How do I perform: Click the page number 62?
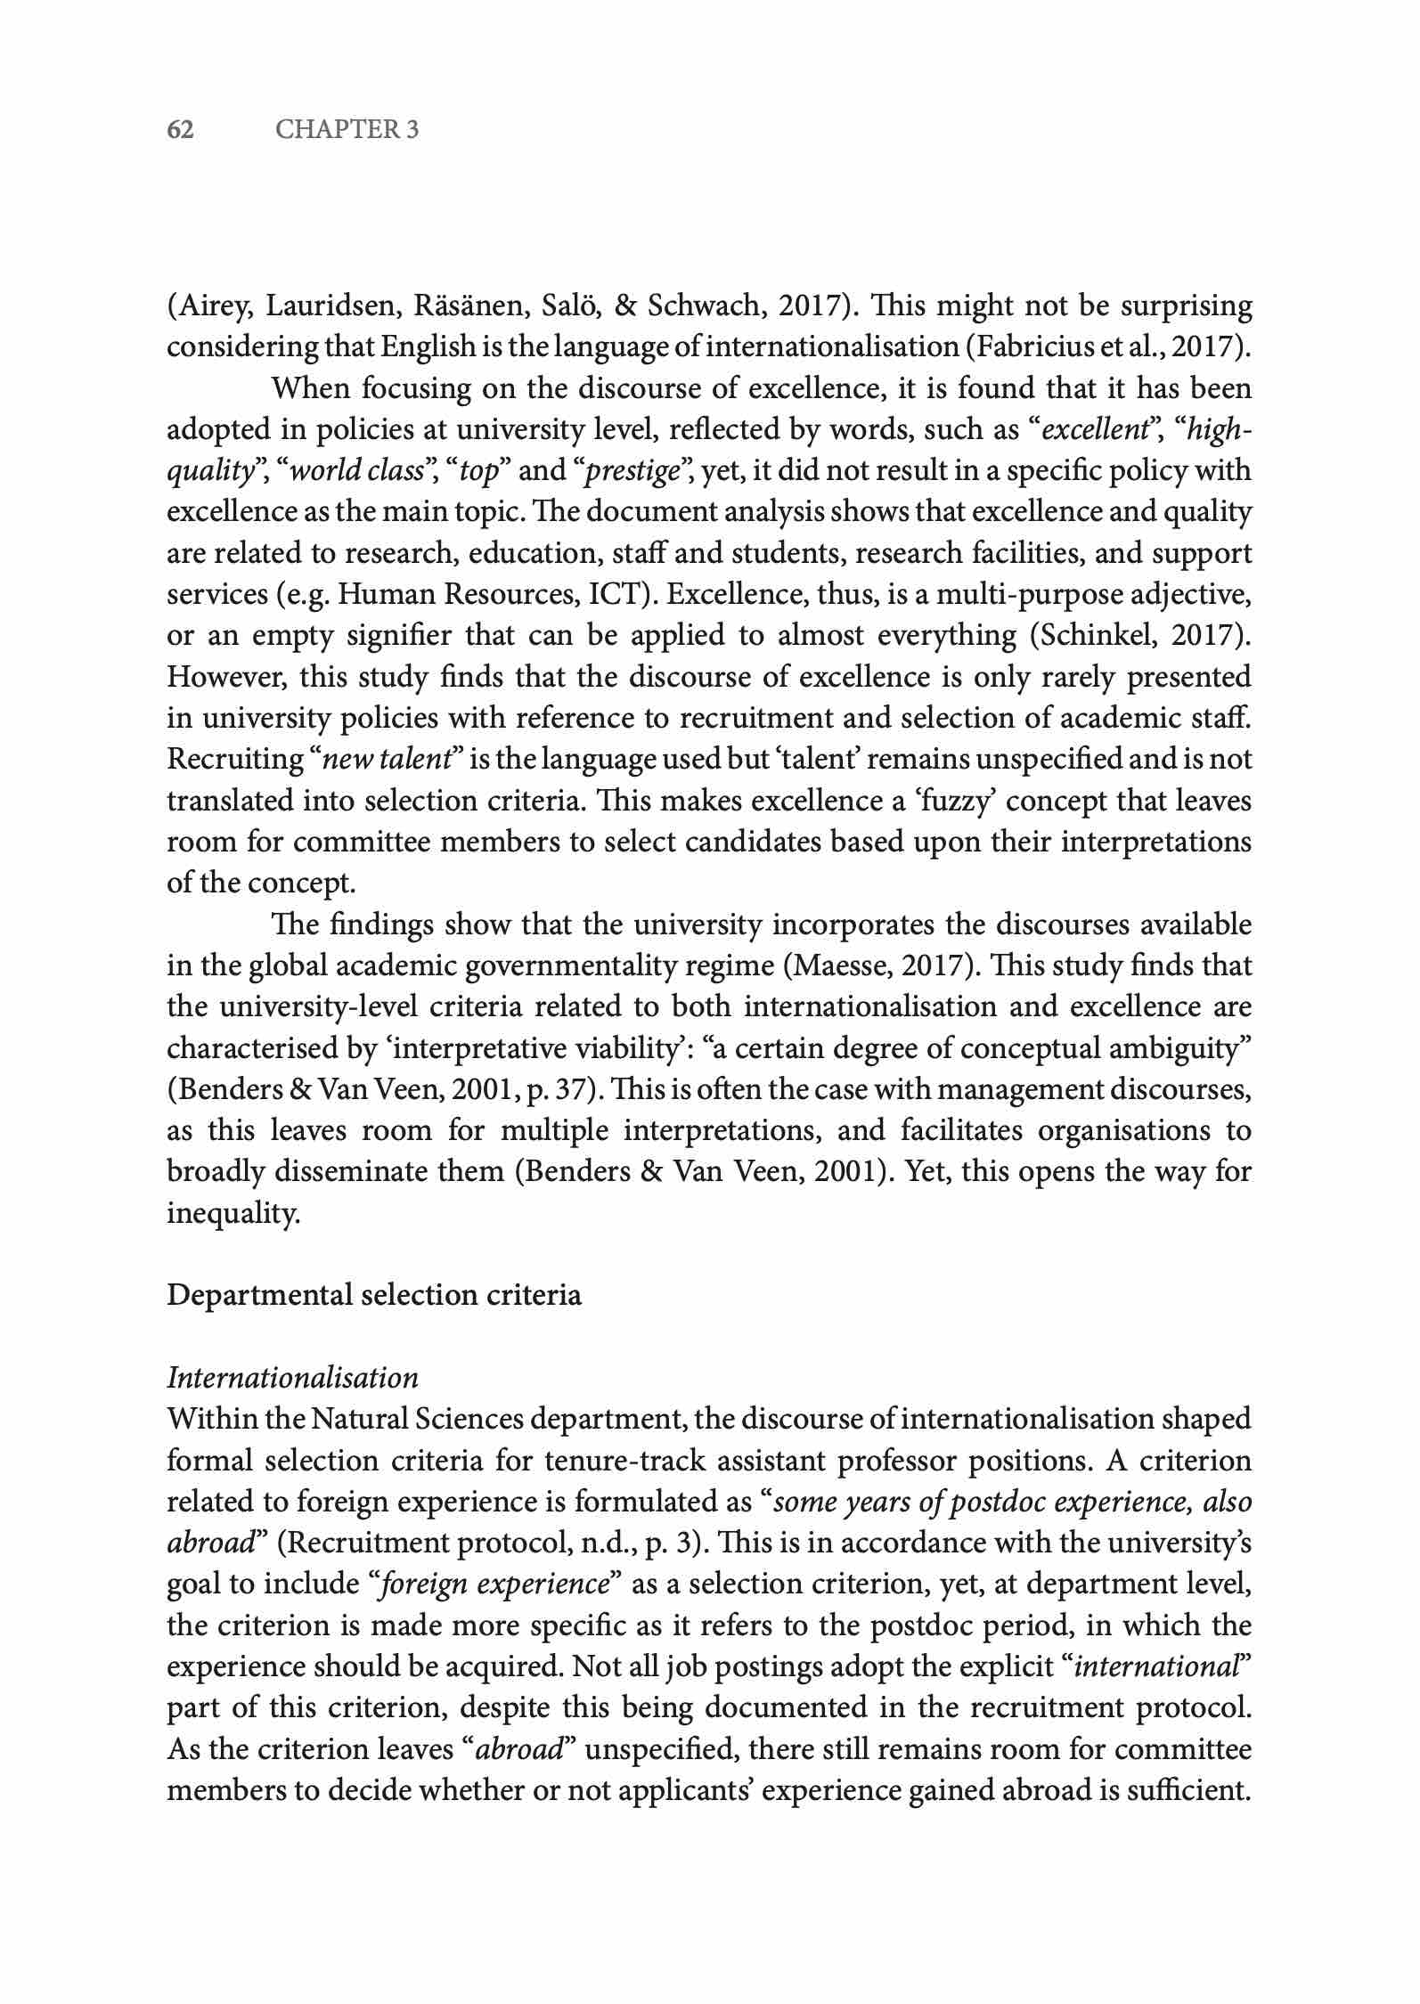(x=181, y=130)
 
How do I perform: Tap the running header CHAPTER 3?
(x=347, y=130)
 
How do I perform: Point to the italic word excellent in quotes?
(x=1094, y=429)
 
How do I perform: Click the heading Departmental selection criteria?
(x=374, y=1294)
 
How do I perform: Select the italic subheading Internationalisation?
(x=292, y=1378)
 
